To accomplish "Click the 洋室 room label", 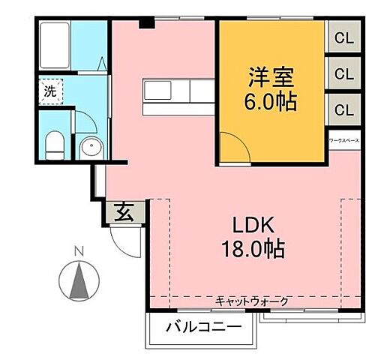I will click(272, 77).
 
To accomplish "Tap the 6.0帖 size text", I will click(272, 100).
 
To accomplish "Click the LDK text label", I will click(244, 225).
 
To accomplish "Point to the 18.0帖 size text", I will click(244, 248).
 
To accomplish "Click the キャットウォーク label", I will click(251, 301).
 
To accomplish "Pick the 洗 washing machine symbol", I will click(49, 91).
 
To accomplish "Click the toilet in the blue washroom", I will click(55, 142).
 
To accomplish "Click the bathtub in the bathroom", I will click(54, 46).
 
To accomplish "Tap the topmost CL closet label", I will click(344, 37).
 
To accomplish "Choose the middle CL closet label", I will click(344, 73).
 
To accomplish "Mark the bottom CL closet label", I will click(344, 109).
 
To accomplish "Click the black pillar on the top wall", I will click(147, 23).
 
